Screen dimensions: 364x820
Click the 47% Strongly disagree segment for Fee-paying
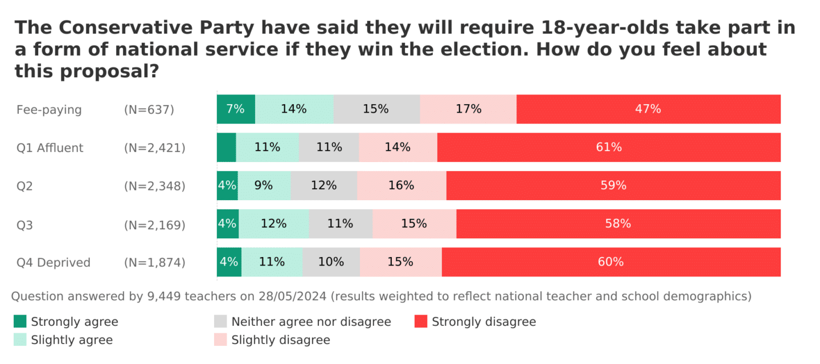648,109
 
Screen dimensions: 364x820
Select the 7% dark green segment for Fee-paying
236,109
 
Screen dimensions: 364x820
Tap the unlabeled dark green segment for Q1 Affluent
226,147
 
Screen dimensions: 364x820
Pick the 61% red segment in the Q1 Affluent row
609,147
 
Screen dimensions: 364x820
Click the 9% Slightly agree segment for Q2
264,185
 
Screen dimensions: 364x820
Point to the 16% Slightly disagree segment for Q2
401,185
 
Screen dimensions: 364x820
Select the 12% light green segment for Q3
273,224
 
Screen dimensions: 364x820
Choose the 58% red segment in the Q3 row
618,224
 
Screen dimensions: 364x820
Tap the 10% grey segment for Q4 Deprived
331,262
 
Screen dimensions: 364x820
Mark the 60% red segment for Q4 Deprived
611,262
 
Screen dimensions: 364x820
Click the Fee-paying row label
49,110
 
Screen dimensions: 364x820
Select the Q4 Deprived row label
54,262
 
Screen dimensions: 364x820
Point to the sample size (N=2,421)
154,148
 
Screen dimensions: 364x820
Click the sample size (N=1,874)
154,262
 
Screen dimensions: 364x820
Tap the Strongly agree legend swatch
20,322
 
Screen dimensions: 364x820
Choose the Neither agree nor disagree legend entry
310,322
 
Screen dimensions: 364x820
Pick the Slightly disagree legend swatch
220,340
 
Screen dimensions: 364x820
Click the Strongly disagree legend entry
483,322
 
